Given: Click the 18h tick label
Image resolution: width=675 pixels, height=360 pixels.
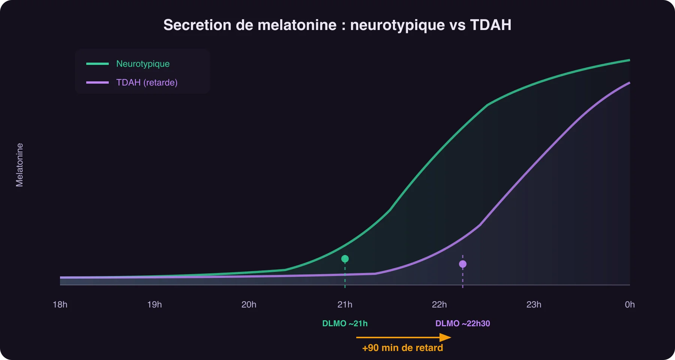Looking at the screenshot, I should point(60,304).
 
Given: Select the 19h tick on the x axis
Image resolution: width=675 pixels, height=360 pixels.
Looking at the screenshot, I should point(154,304).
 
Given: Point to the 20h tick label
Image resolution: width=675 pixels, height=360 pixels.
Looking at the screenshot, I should point(249,304).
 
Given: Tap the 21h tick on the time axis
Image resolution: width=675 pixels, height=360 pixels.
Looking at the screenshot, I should point(345,304).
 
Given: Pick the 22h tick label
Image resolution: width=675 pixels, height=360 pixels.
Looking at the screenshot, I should point(439,304).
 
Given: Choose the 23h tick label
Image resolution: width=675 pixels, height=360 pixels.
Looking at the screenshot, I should point(534,304).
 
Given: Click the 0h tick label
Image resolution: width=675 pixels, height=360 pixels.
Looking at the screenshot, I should point(630,304).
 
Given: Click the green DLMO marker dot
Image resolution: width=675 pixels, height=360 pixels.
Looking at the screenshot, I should point(345,259).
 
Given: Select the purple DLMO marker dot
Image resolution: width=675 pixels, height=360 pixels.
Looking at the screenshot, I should point(463,264).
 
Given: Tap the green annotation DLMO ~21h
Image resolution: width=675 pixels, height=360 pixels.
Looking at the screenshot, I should point(345,324).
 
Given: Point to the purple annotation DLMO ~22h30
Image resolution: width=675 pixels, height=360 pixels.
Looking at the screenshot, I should point(463,324).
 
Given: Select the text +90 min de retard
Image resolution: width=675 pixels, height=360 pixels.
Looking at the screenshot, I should point(403,348).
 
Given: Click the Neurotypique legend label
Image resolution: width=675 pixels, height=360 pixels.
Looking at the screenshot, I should point(143,64).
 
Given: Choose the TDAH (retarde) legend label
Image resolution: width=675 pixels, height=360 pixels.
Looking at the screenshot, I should point(147,82).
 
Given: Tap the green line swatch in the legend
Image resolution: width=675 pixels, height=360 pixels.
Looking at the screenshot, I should point(97,64).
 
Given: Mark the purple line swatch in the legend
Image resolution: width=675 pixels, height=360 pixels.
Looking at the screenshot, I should point(97,82).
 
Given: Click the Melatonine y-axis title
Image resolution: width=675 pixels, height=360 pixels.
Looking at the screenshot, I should point(19,165).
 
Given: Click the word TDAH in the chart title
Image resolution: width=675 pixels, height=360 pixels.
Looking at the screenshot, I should point(490,25).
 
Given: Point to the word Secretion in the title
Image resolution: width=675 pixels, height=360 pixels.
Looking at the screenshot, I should point(197,25).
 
